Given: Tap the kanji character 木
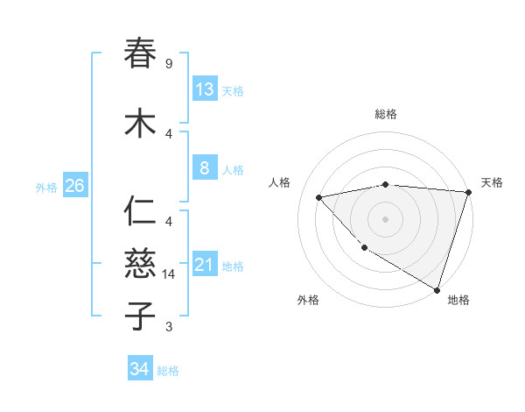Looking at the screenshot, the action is pyautogui.click(x=141, y=124).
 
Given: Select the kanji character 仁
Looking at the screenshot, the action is pyautogui.click(x=141, y=211).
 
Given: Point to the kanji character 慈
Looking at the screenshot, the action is pyautogui.click(x=141, y=264).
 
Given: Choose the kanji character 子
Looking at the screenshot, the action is pyautogui.click(x=141, y=316).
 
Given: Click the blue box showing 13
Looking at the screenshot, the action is pyautogui.click(x=205, y=89).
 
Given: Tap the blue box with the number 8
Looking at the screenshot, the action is pyautogui.click(x=205, y=168).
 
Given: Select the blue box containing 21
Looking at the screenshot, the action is pyautogui.click(x=205, y=265).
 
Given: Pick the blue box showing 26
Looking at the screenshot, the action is pyautogui.click(x=75, y=186).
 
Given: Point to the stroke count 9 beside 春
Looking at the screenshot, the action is pyautogui.click(x=169, y=64).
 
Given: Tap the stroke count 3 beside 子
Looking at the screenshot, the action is pyautogui.click(x=169, y=327).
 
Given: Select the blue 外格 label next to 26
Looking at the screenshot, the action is pyautogui.click(x=46, y=187).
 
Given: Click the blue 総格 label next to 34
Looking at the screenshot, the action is pyautogui.click(x=168, y=371).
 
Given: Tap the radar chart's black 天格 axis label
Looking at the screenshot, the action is pyautogui.click(x=492, y=182).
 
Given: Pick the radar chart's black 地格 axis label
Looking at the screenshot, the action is pyautogui.click(x=458, y=300).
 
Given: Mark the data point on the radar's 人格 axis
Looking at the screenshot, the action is pyautogui.click(x=319, y=197).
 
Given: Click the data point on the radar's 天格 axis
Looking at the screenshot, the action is pyautogui.click(x=468, y=192).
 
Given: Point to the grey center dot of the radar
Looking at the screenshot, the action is pyautogui.click(x=385, y=218).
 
